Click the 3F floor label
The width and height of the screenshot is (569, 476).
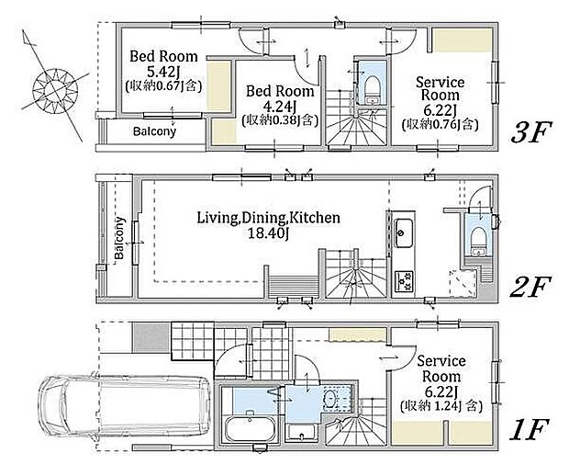pyautogui.click(x=531, y=131)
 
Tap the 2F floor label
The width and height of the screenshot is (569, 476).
pyautogui.click(x=530, y=287)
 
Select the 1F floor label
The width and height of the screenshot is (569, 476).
pyautogui.click(x=529, y=429)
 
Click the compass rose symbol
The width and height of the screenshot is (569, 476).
pyautogui.click(x=55, y=86)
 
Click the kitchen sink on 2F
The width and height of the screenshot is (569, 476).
pyautogui.click(x=403, y=232)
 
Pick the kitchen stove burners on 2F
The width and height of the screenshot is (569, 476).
pyautogui.click(x=403, y=281)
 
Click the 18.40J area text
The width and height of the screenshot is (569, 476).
pyautogui.click(x=268, y=233)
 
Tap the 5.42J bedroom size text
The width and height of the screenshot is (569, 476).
pyautogui.click(x=162, y=72)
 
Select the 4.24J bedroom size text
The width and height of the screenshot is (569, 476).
pyautogui.click(x=280, y=107)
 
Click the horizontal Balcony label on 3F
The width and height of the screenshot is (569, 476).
pyautogui.click(x=154, y=130)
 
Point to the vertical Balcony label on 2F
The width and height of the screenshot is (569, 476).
pyautogui.click(x=119, y=238)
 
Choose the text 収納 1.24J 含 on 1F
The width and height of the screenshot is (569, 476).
pyautogui.click(x=441, y=406)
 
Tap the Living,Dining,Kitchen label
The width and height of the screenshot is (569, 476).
pyautogui.click(x=269, y=218)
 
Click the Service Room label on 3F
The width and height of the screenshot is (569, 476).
pyautogui.click(x=441, y=88)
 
